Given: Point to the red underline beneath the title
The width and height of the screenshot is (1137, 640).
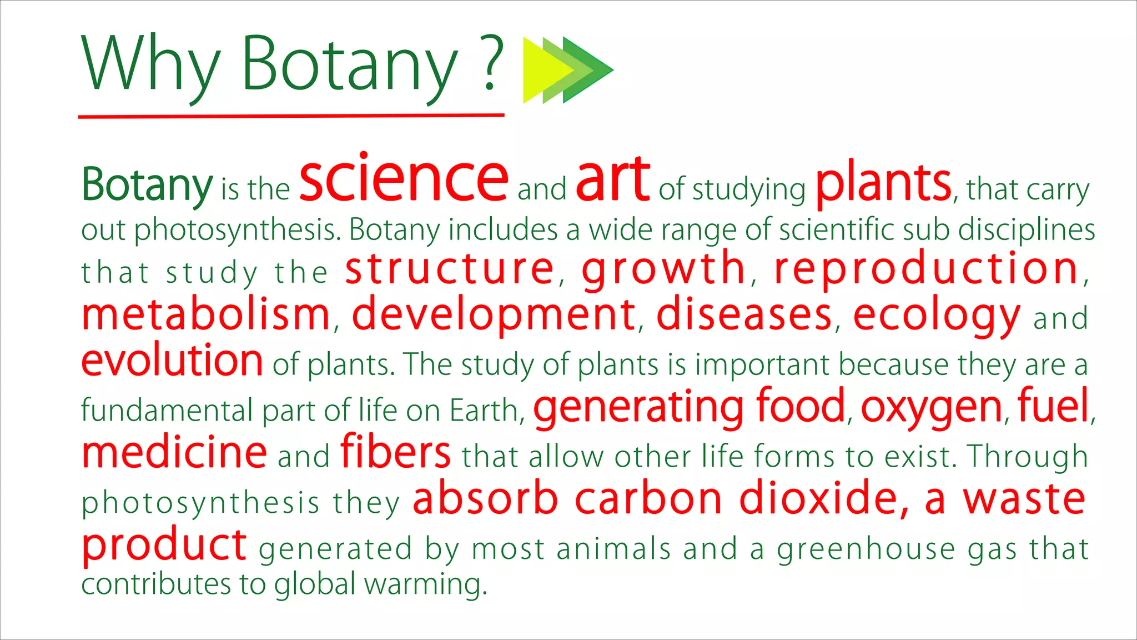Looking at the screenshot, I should [291, 116].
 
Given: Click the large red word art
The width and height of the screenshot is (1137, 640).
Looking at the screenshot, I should [612, 179].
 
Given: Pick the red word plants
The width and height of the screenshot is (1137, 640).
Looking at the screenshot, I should [883, 183].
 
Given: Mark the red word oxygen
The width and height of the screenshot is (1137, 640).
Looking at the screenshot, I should [931, 408].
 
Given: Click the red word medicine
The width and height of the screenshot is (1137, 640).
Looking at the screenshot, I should [174, 452].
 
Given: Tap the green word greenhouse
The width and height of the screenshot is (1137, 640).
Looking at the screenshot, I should [866, 549].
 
